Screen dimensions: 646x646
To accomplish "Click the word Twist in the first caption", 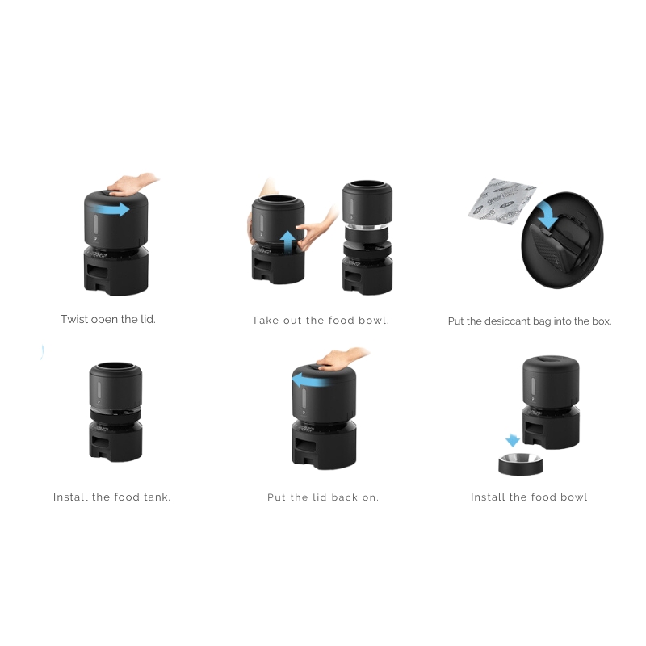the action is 74,319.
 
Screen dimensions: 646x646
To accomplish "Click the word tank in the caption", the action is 157,497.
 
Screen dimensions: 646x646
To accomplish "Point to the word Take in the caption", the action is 265,320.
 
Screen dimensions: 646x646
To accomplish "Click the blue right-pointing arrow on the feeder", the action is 111,209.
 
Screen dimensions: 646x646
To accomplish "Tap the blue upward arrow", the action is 288,241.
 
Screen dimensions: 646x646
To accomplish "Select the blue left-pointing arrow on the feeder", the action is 311,380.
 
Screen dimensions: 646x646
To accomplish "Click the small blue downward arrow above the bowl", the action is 512,440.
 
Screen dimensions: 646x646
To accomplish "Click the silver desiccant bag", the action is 501,201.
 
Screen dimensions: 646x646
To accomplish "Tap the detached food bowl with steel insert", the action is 521,464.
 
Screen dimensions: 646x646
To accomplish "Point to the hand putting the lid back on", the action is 342,359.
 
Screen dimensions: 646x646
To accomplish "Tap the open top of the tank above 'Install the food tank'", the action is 115,367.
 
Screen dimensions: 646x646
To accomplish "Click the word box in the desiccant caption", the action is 602,321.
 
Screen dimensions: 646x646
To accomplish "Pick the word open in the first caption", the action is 104,320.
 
